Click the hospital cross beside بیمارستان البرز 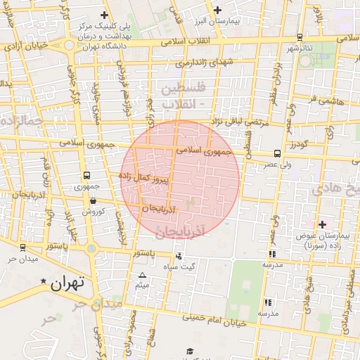click(217, 10)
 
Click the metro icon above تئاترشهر click(300, 37)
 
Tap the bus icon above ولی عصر click(277, 153)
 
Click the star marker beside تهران click(44, 282)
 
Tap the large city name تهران click(68, 283)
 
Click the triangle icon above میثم click(143, 275)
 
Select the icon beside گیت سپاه click(179, 256)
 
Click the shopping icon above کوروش click(93, 200)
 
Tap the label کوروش click(93, 211)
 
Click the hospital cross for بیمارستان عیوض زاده click(323, 224)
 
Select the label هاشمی click(333, 101)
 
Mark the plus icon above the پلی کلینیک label click(105, 15)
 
